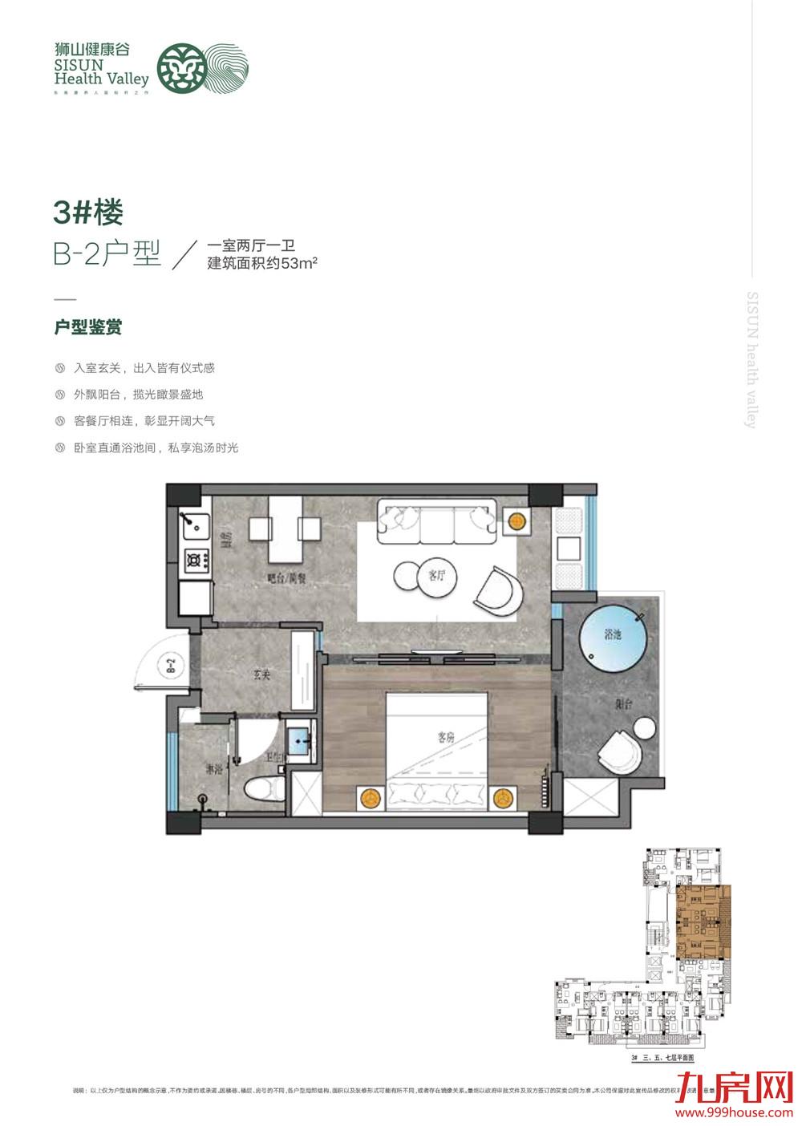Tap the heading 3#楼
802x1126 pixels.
(88, 213)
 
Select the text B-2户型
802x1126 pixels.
(107, 254)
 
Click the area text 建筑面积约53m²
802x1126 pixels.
(263, 265)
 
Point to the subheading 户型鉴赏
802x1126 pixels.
(87, 327)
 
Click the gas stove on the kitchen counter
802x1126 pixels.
(196, 561)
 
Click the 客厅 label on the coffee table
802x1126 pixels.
(436, 575)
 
